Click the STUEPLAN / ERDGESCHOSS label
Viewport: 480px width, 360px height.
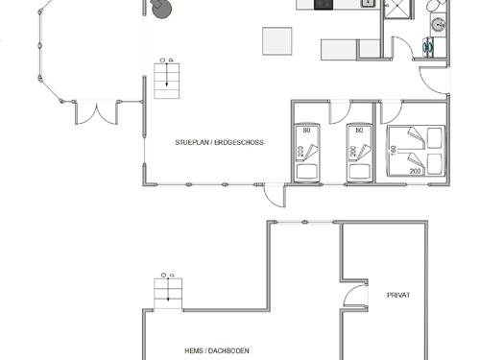coord(219,142)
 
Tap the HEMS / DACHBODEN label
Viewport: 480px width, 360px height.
coord(216,351)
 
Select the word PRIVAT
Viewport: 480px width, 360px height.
coord(398,295)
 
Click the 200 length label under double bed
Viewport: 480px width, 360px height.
coord(416,171)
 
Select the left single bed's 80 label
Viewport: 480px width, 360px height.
coord(307,131)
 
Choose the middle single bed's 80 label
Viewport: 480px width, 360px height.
coord(360,131)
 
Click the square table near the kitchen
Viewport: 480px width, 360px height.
coord(277,41)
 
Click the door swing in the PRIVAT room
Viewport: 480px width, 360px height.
coord(355,297)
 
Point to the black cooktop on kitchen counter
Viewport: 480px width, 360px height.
coord(323,4)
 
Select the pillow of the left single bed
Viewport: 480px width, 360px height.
coord(307,171)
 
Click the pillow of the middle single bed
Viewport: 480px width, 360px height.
coord(360,171)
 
